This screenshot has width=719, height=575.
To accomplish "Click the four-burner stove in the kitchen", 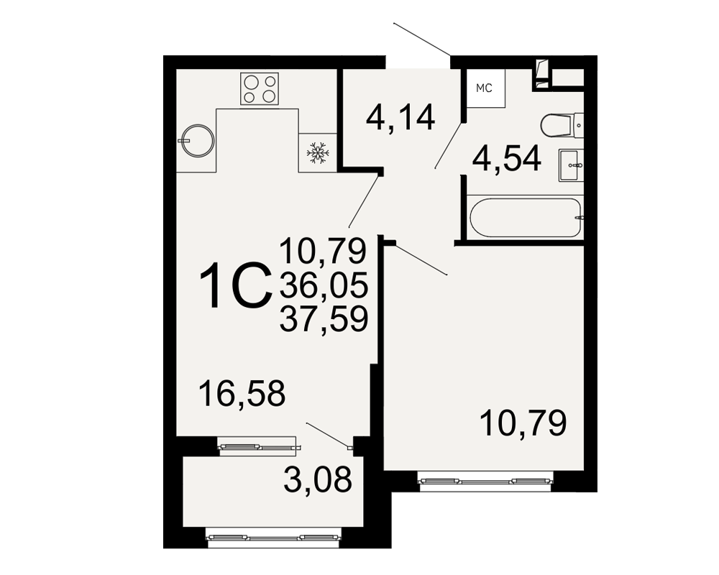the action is pos(260,88).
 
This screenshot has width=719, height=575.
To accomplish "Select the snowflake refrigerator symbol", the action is pos(317,152).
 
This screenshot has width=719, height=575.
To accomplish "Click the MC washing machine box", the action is pos(485,88).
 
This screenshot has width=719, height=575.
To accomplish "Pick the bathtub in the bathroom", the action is pos(526,217).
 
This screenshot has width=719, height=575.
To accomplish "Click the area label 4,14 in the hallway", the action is pos(400,118).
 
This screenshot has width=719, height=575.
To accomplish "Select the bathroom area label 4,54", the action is pos(507,158).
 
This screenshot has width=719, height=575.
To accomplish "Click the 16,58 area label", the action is pos(242,393).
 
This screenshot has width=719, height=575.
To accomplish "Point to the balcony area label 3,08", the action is pos(318,479).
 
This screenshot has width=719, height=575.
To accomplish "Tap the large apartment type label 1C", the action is pos(234,285).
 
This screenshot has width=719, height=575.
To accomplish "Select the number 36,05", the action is pos(324,285).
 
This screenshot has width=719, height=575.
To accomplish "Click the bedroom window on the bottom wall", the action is pos(485,481).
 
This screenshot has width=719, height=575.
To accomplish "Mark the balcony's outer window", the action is pos(274,538).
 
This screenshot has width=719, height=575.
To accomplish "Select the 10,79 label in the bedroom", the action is pos(523,423).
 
